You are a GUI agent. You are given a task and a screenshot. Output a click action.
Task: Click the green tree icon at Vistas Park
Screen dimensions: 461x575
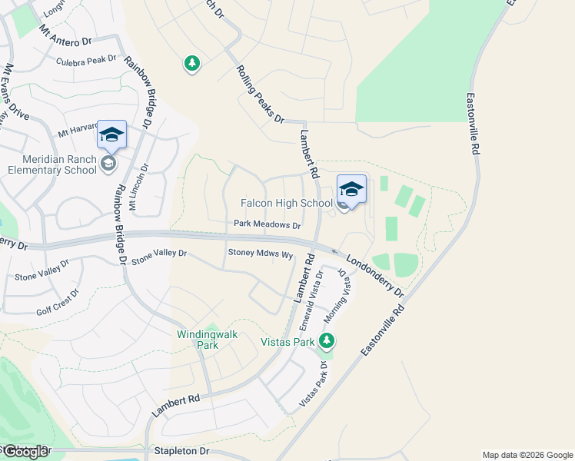point(327,340)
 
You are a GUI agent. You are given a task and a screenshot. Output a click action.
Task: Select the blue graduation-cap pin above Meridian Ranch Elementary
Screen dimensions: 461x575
point(111,134)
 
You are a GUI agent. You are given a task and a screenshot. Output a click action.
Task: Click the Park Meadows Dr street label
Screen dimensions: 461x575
point(268,225)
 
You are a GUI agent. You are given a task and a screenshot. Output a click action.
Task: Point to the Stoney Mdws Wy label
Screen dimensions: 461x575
point(261,254)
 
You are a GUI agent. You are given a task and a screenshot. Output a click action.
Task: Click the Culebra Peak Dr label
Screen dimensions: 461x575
point(85,59)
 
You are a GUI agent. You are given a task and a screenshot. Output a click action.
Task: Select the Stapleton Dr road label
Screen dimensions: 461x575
point(181,452)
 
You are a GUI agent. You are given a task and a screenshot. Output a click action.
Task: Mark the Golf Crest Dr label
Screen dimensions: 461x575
point(58,305)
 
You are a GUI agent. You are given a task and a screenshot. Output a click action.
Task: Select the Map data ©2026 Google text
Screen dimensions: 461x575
point(527,455)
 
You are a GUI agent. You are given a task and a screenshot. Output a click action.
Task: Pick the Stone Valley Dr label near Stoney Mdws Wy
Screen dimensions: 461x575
point(159,257)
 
